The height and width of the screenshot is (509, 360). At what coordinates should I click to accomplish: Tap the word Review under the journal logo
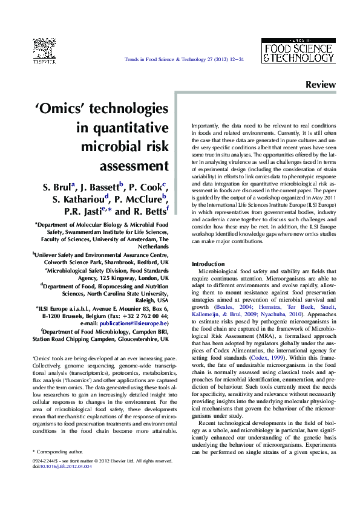pyautogui.click(x=320, y=85)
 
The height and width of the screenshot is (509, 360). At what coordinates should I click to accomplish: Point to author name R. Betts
pyautogui.click(x=149, y=212)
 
